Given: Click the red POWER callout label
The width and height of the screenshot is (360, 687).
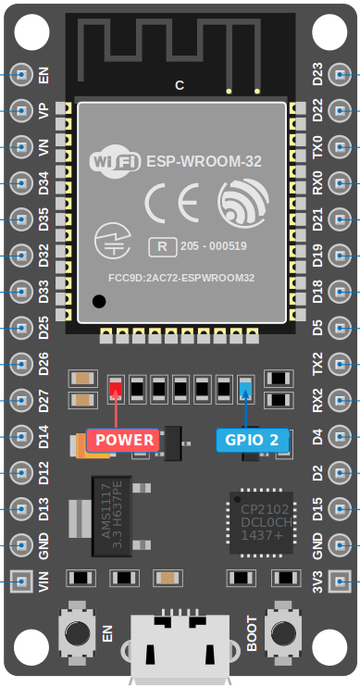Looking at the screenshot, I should point(123,440).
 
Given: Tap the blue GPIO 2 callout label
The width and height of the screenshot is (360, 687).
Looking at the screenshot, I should point(252,440).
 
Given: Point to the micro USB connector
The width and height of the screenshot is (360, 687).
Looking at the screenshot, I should point(180,648).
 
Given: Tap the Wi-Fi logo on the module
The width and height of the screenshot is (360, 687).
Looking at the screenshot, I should point(115,161).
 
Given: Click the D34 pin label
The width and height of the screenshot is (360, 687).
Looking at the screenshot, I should point(43,182).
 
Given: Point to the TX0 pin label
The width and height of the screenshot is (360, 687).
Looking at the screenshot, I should point(317,146).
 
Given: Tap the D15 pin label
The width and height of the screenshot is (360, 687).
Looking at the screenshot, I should point(317,509).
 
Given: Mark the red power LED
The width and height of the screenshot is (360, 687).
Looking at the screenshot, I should point(116,388).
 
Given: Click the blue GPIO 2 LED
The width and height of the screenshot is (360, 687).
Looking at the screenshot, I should point(245,388).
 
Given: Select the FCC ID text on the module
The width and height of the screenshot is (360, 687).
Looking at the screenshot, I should point(180,277).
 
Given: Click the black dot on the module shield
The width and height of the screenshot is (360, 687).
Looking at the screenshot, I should point(99,301).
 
